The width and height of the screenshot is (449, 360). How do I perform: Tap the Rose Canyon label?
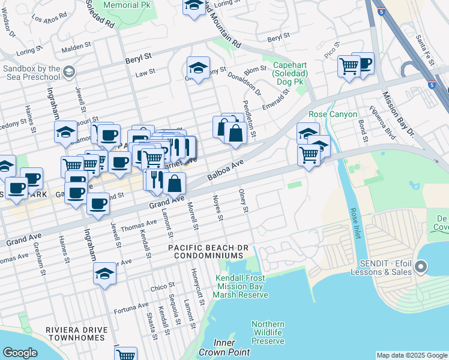[333, 114]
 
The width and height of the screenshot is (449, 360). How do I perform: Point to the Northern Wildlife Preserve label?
[268, 332]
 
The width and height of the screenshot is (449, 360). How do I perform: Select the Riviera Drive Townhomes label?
[76, 334]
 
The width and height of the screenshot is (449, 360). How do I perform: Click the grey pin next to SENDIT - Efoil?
[420, 266]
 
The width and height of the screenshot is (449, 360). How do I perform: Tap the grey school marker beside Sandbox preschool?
[68, 73]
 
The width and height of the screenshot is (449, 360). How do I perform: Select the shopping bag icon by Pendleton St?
[235, 133]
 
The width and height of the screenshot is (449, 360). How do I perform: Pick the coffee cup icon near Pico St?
[363, 62]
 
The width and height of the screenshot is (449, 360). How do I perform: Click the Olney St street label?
[243, 202]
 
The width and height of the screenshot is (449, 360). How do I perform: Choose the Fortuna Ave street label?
[131, 308]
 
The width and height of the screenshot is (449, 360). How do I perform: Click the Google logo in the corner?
[20, 353]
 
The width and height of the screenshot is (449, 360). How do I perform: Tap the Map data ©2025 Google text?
[411, 355]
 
